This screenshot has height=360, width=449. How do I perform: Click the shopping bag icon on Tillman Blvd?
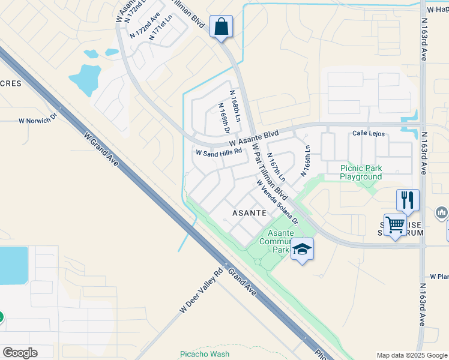(221, 27)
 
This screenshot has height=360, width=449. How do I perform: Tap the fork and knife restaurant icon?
(408, 200)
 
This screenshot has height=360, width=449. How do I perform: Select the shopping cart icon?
(395, 226)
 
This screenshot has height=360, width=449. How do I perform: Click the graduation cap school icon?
(302, 248)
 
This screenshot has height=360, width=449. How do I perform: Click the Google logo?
(20, 352)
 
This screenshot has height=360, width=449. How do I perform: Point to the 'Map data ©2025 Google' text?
(411, 355)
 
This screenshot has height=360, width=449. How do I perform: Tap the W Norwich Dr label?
(37, 119)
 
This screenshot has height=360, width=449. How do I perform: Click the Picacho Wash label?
(205, 354)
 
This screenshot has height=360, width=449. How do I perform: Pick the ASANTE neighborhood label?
(249, 213)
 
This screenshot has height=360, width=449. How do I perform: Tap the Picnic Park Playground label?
(361, 172)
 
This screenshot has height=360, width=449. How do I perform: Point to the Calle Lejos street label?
(367, 133)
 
